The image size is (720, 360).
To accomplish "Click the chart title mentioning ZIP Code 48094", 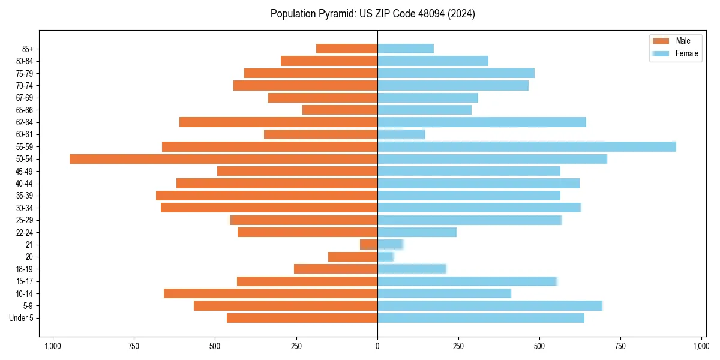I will pyautogui.click(x=373, y=14).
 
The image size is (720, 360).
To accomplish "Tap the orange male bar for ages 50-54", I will pyautogui.click(x=223, y=159).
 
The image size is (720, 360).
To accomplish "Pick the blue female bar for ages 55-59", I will pyautogui.click(x=526, y=146).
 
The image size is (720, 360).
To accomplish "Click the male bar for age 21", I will pyautogui.click(x=368, y=245).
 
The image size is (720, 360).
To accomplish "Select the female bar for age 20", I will pyautogui.click(x=385, y=257).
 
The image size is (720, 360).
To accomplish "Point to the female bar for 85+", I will pyautogui.click(x=406, y=49).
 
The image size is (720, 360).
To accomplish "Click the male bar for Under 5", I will pyautogui.click(x=302, y=318).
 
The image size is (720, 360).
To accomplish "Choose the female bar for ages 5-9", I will pyautogui.click(x=490, y=306).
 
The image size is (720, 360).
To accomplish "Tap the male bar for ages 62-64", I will pyautogui.click(x=278, y=122).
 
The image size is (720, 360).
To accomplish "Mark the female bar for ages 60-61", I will pyautogui.click(x=401, y=134).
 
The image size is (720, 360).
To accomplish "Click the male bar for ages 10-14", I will pyautogui.click(x=271, y=293).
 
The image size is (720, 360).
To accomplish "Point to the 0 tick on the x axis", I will pyautogui.click(x=377, y=346).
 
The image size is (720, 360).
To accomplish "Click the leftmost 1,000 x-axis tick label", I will pyautogui.click(x=53, y=346).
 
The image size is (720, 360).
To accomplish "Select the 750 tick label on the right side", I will pyautogui.click(x=620, y=346).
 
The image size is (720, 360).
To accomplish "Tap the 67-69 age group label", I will pyautogui.click(x=24, y=98).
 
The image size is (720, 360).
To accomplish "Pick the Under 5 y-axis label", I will pyautogui.click(x=22, y=318).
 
